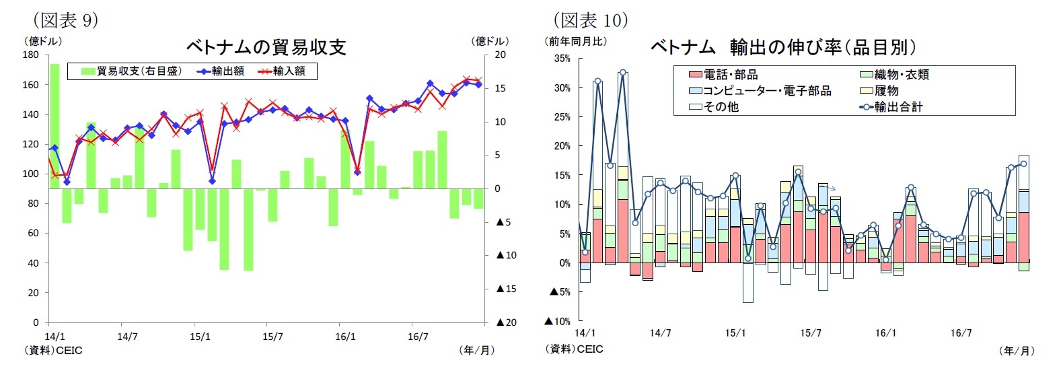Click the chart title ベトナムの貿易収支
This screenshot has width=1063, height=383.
point(266,47)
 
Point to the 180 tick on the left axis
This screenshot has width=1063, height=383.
point(31,55)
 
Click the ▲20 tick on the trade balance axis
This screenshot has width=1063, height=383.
point(506,322)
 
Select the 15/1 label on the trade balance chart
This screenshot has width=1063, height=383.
point(200,337)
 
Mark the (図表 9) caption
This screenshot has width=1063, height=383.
point(65,20)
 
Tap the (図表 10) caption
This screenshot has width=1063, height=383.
point(591,20)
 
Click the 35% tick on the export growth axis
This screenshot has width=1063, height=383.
point(562,59)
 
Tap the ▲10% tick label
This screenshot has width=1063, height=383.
point(558,321)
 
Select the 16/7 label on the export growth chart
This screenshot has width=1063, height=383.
point(961,333)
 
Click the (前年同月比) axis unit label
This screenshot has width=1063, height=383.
point(575,42)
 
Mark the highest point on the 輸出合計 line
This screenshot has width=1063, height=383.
point(623,73)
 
